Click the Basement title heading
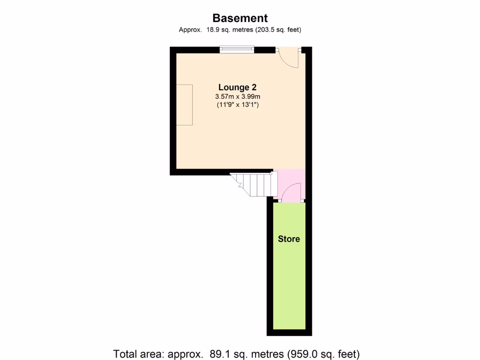(240, 18)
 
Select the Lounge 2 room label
(237, 87)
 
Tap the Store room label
(289, 239)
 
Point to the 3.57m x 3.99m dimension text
(237, 97)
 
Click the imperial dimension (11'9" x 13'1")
(237, 105)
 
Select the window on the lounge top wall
(237, 49)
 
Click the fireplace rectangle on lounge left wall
(184, 105)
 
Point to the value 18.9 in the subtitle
(212, 30)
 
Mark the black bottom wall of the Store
(289, 333)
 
